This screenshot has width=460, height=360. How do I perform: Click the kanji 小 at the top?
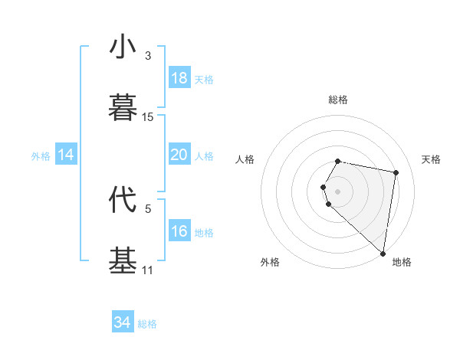point(123,47)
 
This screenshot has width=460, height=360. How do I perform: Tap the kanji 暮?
point(123,108)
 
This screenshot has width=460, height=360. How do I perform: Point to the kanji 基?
point(123,260)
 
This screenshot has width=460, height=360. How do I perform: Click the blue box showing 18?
point(179,78)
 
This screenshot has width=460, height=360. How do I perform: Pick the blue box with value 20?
point(179,155)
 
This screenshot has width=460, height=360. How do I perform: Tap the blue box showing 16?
point(179,231)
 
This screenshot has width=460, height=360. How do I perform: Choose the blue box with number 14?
point(66,155)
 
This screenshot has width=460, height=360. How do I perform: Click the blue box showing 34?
point(122,322)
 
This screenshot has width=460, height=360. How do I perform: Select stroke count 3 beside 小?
point(148,56)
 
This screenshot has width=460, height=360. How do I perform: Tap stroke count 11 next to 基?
point(148,270)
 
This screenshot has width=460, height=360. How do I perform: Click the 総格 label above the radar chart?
point(338,100)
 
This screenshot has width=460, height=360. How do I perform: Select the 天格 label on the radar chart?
point(431,159)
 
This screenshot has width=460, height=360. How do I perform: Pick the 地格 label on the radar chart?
point(402,263)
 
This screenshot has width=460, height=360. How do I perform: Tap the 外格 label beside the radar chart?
point(270,263)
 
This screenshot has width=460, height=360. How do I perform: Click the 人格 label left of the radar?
point(245,159)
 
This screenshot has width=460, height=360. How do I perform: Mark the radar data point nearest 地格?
point(383,253)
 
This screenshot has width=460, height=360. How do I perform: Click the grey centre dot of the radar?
point(338,191)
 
